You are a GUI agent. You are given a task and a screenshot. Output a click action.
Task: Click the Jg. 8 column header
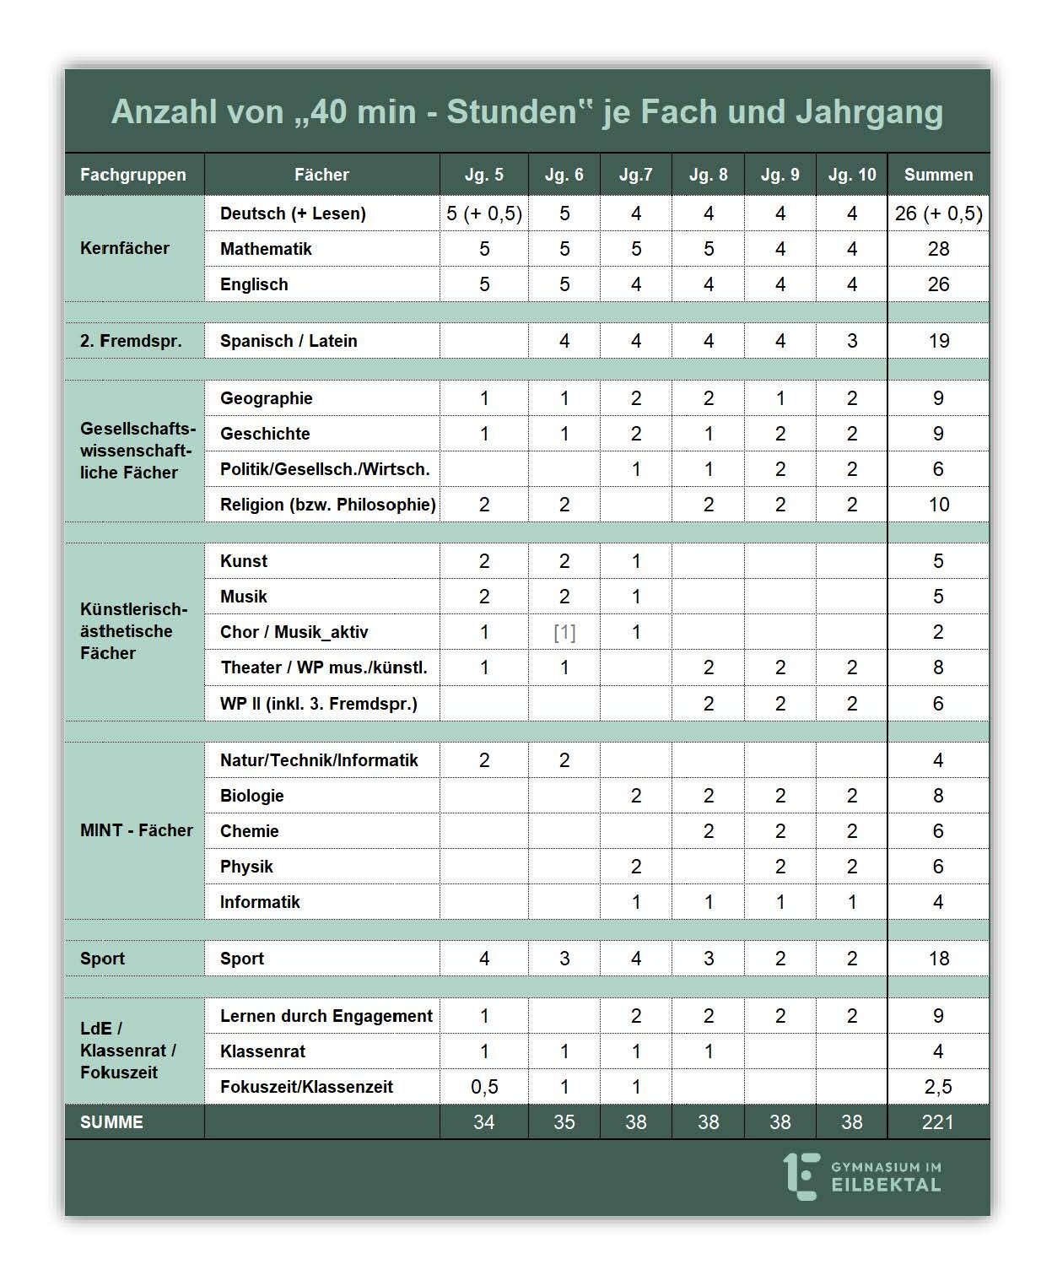click(708, 175)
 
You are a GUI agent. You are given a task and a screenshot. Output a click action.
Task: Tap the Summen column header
click(938, 175)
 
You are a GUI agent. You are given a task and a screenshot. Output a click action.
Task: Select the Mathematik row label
click(266, 249)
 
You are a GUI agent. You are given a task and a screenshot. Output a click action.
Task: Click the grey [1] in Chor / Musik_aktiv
click(564, 632)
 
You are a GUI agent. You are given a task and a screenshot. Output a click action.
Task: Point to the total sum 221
click(938, 1122)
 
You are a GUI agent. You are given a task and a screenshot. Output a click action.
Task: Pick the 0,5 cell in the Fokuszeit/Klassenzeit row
click(484, 1087)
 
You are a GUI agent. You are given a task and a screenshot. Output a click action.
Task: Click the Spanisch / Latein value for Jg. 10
click(852, 341)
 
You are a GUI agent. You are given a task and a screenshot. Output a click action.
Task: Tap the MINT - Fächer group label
click(136, 830)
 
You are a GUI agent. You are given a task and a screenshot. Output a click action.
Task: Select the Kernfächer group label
click(125, 248)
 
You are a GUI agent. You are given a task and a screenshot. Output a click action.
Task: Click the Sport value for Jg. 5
click(484, 959)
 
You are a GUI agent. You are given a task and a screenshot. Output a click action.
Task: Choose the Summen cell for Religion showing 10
click(938, 505)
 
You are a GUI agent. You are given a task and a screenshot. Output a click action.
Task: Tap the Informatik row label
click(260, 902)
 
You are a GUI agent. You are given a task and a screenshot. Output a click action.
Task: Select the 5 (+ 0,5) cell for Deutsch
click(484, 213)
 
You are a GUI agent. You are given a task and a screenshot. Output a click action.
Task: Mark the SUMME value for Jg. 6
click(564, 1122)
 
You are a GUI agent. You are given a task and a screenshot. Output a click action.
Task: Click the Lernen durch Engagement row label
click(326, 1016)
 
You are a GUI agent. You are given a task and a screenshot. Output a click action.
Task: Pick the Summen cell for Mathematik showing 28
click(938, 249)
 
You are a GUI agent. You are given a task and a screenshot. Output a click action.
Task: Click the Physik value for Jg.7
click(636, 867)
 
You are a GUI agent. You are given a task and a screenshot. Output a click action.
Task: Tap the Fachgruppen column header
click(133, 175)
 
